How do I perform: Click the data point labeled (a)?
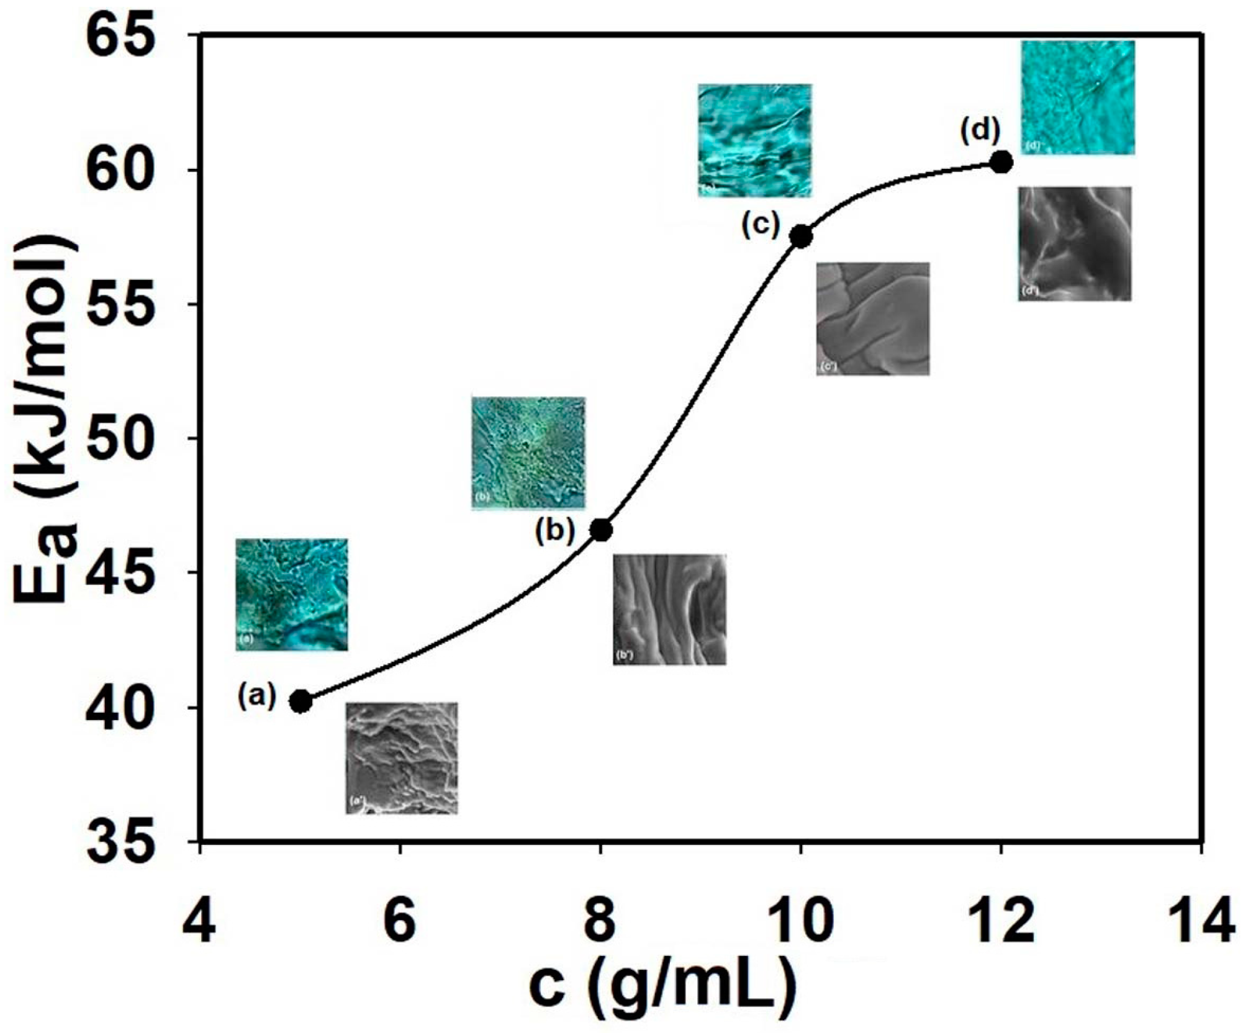point(301,701)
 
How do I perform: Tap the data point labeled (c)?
point(802,237)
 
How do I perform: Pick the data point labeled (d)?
point(1001,163)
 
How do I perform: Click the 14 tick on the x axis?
point(1201,922)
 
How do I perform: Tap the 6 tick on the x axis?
point(400,922)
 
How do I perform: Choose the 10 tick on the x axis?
point(800,922)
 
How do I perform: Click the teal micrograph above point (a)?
point(292,594)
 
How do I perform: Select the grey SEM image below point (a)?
point(402,758)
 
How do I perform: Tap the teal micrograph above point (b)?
point(528,453)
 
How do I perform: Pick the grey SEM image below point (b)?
point(669,610)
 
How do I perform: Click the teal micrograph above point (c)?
point(754,140)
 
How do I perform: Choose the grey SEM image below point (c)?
point(872,318)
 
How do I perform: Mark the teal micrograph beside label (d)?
point(1078,97)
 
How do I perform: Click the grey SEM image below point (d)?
point(1074,244)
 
